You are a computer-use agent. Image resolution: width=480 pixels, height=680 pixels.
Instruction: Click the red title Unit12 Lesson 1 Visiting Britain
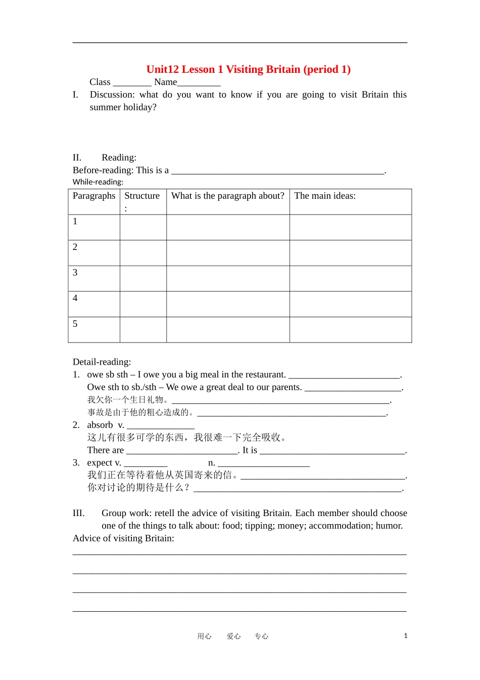[x=248, y=69]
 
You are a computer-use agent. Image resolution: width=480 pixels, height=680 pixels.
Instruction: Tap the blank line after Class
[x=132, y=83]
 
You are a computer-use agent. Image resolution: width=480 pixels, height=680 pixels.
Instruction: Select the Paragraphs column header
[x=94, y=196]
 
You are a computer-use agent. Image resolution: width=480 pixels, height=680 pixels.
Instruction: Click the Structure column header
[x=142, y=196]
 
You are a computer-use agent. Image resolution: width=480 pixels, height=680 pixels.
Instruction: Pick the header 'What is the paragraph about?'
[x=227, y=196]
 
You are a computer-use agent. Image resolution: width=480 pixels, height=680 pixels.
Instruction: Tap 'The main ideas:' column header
[x=325, y=196]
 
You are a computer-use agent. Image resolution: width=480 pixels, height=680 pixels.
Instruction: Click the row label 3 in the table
[x=75, y=273]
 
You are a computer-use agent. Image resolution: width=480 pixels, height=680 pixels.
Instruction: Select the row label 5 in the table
[x=75, y=324]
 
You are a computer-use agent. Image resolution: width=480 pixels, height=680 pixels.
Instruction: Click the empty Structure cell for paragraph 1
[x=143, y=227]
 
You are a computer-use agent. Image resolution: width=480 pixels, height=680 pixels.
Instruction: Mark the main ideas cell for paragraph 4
[x=350, y=304]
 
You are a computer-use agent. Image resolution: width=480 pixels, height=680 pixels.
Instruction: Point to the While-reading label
[x=98, y=182]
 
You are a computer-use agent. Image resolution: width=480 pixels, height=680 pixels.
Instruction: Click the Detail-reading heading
[x=102, y=362]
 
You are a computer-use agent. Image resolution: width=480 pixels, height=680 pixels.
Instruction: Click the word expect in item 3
[x=100, y=463]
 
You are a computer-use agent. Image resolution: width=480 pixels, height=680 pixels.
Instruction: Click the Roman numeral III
[x=78, y=513]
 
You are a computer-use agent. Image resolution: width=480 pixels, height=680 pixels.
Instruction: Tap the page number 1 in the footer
[x=405, y=636]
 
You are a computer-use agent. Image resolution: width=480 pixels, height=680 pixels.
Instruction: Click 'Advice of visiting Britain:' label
[x=123, y=538]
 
